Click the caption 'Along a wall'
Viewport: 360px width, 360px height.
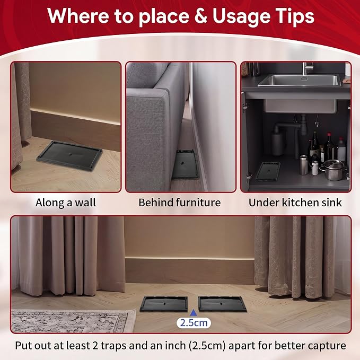pyautogui.click(x=66, y=203)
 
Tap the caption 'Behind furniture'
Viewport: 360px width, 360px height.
pyautogui.click(x=180, y=203)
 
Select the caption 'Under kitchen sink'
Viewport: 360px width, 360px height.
pyautogui.click(x=295, y=203)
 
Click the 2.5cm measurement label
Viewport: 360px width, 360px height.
pyautogui.click(x=194, y=323)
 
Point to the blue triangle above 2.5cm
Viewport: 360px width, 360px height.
pyautogui.click(x=194, y=312)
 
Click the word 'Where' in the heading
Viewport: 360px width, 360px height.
pyautogui.click(x=78, y=15)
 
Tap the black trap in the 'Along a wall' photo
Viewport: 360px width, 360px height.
pyautogui.click(x=69, y=156)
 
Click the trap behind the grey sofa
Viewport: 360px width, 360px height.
pyautogui.click(x=185, y=164)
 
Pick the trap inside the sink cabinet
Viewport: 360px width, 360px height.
pyautogui.click(x=268, y=171)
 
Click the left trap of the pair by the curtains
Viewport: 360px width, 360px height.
pyautogui.click(x=164, y=304)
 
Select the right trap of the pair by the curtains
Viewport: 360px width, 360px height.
pyautogui.click(x=222, y=304)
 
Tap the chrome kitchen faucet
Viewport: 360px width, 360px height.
pyautogui.click(x=306, y=68)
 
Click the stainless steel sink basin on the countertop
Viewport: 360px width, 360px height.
pyautogui.click(x=298, y=80)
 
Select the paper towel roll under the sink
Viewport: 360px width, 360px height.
pyautogui.click(x=278, y=143)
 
